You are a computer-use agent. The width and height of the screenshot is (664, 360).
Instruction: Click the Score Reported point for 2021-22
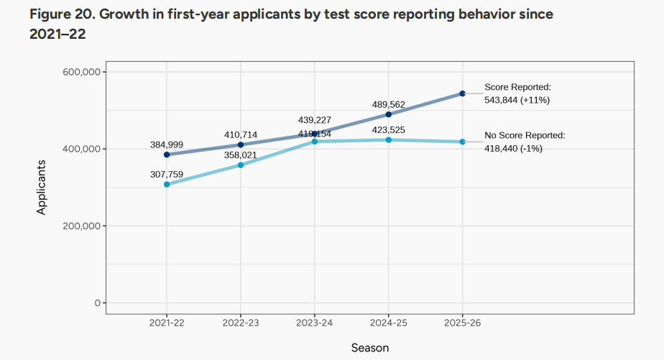pyautogui.click(x=167, y=154)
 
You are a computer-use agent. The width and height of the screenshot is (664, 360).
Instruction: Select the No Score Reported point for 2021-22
pyautogui.click(x=167, y=185)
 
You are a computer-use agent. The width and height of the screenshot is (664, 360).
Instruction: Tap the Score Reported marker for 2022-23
pyautogui.click(x=241, y=144)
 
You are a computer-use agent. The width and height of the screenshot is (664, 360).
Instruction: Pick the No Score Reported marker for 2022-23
pyautogui.click(x=241, y=165)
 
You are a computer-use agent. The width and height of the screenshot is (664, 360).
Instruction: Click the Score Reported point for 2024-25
pyautogui.click(x=389, y=114)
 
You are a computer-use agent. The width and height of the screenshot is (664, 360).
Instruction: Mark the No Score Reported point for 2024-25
pyautogui.click(x=389, y=140)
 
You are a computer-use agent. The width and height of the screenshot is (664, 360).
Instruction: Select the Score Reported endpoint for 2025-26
pyautogui.click(x=463, y=93)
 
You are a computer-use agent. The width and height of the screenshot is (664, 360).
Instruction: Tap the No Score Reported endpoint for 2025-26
pyautogui.click(x=463, y=142)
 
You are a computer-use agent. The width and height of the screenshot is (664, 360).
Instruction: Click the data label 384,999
pyautogui.click(x=167, y=144)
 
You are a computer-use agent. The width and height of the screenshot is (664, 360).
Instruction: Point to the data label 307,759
pyautogui.click(x=167, y=174)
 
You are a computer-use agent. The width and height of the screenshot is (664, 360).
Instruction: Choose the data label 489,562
pyautogui.click(x=389, y=104)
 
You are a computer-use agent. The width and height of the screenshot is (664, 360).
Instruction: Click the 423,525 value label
pyautogui.click(x=389, y=130)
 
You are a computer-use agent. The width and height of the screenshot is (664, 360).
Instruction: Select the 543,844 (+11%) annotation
pyautogui.click(x=517, y=100)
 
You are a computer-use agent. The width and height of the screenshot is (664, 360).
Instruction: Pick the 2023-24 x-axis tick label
pyautogui.click(x=315, y=323)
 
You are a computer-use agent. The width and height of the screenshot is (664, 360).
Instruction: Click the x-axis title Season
pyautogui.click(x=370, y=348)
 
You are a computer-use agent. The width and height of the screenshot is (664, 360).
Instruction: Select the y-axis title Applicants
pyautogui.click(x=42, y=187)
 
